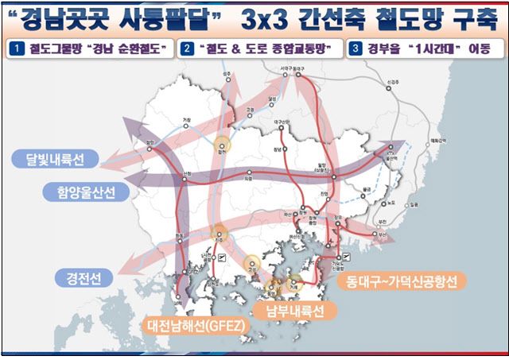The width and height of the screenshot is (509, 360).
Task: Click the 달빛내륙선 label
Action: coord(55,161)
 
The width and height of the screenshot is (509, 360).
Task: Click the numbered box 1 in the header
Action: coord(15,49)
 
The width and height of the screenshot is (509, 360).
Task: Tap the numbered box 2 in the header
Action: coord(187,49)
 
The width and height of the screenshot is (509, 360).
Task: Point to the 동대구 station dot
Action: coord(299,77)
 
